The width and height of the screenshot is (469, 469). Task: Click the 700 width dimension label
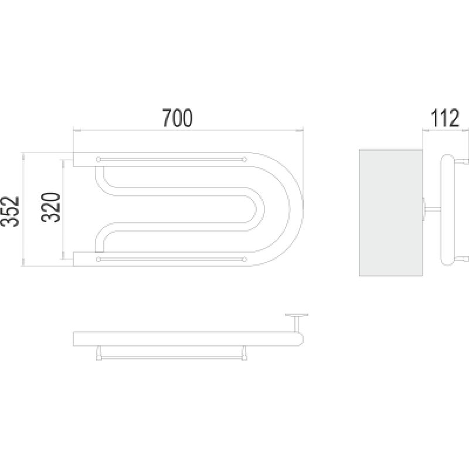click(x=178, y=118)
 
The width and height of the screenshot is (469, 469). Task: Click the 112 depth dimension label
click(x=444, y=118)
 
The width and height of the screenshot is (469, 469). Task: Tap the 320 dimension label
click(x=51, y=208)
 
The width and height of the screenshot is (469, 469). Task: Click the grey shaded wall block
click(x=390, y=213)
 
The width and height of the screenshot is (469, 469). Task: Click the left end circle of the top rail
click(x=98, y=159)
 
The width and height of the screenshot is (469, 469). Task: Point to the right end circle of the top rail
click(x=244, y=159)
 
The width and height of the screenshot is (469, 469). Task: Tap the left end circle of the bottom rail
click(x=98, y=259)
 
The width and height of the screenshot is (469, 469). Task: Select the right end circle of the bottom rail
click(x=244, y=259)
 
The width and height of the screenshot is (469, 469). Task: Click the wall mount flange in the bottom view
click(x=297, y=315)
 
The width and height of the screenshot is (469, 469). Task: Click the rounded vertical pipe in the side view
click(x=448, y=210)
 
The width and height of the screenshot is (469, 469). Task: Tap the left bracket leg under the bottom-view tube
click(x=98, y=353)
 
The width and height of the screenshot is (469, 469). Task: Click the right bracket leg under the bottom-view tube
click(x=244, y=353)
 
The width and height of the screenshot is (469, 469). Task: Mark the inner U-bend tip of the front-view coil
click(x=264, y=209)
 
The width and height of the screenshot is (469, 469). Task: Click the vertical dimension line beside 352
click(x=23, y=209)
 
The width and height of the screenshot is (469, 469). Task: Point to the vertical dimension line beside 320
click(x=63, y=209)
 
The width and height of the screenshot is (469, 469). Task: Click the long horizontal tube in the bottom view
click(x=188, y=339)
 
